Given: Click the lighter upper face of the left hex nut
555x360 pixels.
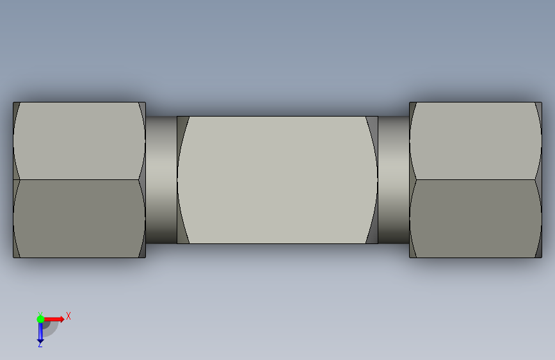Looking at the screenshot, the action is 79,141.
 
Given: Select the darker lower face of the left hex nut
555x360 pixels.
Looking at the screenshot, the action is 79,218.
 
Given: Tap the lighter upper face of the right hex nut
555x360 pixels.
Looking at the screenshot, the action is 476,141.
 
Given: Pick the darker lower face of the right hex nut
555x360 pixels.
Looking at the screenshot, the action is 476,218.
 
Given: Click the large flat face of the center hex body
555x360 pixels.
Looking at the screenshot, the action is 278,179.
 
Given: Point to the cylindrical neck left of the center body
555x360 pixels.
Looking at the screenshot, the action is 161,179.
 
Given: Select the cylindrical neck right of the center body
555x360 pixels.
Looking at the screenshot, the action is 394,179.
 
